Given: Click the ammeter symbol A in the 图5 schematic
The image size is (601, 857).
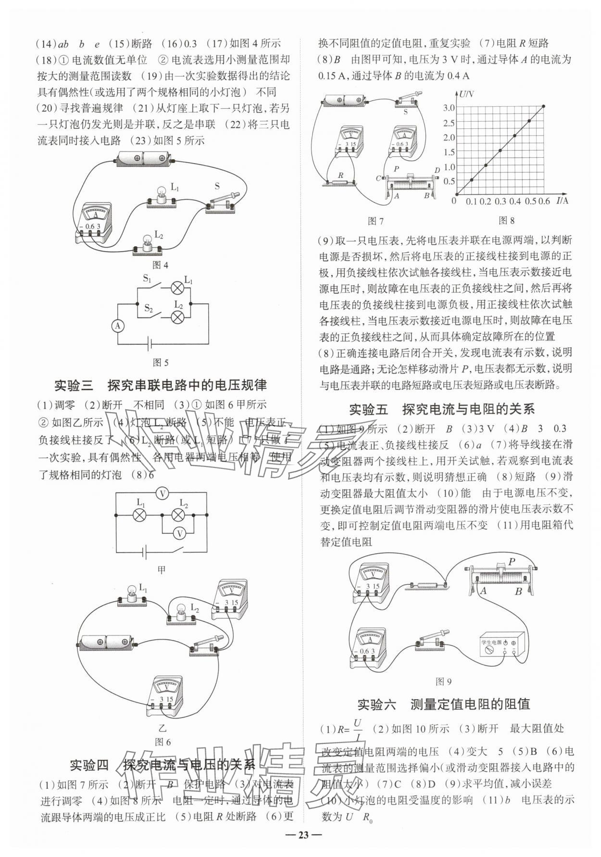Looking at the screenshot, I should pyautogui.click(x=118, y=326).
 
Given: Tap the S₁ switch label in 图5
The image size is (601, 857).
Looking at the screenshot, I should pyautogui.click(x=147, y=278).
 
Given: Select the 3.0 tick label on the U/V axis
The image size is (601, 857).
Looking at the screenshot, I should pyautogui.click(x=448, y=107).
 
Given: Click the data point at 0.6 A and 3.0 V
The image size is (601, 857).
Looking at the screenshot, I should pyautogui.click(x=544, y=106).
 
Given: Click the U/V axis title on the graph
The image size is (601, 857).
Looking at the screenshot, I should pyautogui.click(x=466, y=94).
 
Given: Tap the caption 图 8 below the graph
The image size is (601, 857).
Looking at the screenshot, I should pyautogui.click(x=506, y=220).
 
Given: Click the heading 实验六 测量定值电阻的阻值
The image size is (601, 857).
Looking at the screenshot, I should pyautogui.click(x=443, y=705).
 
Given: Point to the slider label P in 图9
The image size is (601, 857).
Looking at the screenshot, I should pyautogui.click(x=512, y=561).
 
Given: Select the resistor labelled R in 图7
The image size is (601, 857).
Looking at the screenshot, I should pyautogui.click(x=340, y=182).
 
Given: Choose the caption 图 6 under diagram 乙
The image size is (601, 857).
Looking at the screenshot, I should pyautogui.click(x=162, y=742).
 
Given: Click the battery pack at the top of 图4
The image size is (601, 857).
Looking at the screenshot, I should pyautogui.click(x=144, y=159).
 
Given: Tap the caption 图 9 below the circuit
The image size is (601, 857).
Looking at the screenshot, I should pyautogui.click(x=443, y=681).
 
